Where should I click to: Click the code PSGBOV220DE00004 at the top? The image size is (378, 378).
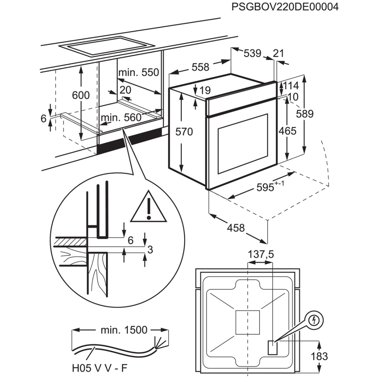285,7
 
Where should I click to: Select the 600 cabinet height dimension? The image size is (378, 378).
81,95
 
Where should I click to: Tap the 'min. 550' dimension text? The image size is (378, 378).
139,72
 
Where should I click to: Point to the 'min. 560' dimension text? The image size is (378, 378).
121,118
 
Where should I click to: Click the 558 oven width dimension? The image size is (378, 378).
200,67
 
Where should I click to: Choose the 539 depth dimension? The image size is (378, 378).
253,53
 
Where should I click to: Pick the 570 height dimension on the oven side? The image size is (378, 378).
184,132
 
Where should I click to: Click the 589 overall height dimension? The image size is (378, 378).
305,114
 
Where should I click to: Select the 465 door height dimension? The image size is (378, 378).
287,131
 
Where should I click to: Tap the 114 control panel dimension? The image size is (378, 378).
291,85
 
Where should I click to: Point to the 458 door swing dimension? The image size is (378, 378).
236,228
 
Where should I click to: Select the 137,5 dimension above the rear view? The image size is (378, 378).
261,254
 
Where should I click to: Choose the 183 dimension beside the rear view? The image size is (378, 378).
319,356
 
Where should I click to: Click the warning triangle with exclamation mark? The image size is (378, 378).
149,206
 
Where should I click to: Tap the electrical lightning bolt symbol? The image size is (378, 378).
314,321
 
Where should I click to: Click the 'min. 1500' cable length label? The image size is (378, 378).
124,330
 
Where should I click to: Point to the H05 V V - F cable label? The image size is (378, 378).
99,368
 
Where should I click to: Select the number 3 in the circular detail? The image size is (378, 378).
150,249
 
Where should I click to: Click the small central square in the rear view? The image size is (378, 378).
248,322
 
